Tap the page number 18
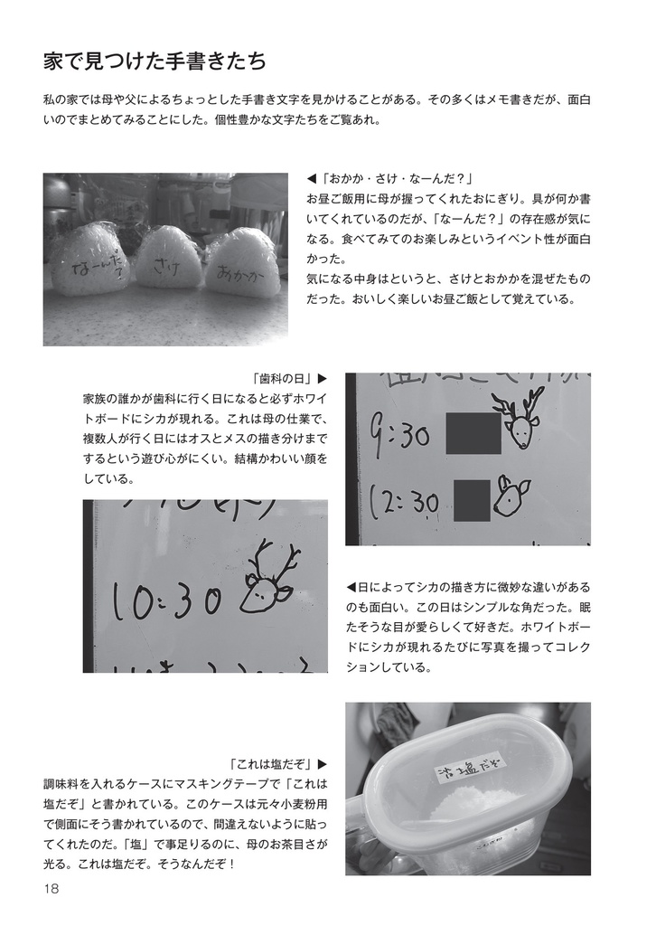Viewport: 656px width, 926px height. point(51,889)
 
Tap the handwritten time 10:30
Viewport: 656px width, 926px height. point(164,603)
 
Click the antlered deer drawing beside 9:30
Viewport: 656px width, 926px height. point(520,419)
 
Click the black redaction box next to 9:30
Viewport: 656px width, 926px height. point(473,432)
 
